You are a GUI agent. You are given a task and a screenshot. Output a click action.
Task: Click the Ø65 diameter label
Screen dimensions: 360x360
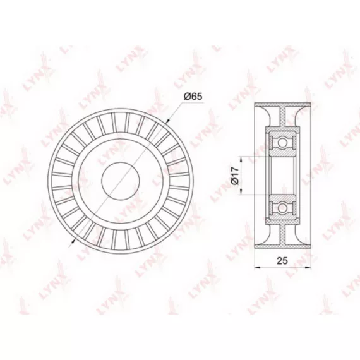click(193, 97)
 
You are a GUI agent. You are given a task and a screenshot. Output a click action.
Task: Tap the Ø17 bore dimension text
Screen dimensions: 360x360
click(235, 176)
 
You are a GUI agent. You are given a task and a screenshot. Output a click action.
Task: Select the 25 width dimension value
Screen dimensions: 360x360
click(282, 260)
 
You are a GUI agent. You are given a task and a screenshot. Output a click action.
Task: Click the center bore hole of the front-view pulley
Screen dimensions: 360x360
click(121, 179)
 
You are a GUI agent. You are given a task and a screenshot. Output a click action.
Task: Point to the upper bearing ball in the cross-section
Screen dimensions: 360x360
click(282, 143)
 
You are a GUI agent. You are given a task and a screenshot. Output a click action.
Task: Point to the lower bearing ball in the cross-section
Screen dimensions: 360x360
click(282, 208)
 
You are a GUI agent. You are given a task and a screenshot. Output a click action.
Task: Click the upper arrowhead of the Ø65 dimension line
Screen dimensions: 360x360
click(167, 121)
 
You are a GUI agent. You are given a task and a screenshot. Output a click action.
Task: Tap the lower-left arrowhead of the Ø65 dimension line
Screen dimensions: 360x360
click(73, 240)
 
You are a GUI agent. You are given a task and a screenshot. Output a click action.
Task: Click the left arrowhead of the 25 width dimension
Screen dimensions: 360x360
click(258, 267)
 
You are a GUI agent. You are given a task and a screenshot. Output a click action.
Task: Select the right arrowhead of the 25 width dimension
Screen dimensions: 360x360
click(308, 267)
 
